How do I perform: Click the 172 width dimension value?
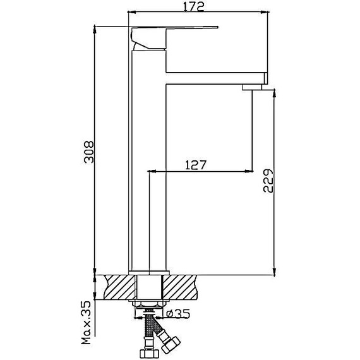click(193, 7)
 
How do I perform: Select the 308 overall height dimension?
click(89, 152)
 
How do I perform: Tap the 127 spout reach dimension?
click(196, 165)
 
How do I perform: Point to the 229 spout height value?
click(268, 181)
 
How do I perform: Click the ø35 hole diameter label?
click(178, 314)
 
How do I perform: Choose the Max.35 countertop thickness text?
click(87, 322)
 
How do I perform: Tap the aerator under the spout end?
click(251, 87)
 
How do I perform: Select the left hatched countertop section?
click(119, 287)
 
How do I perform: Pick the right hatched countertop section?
click(179, 287)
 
